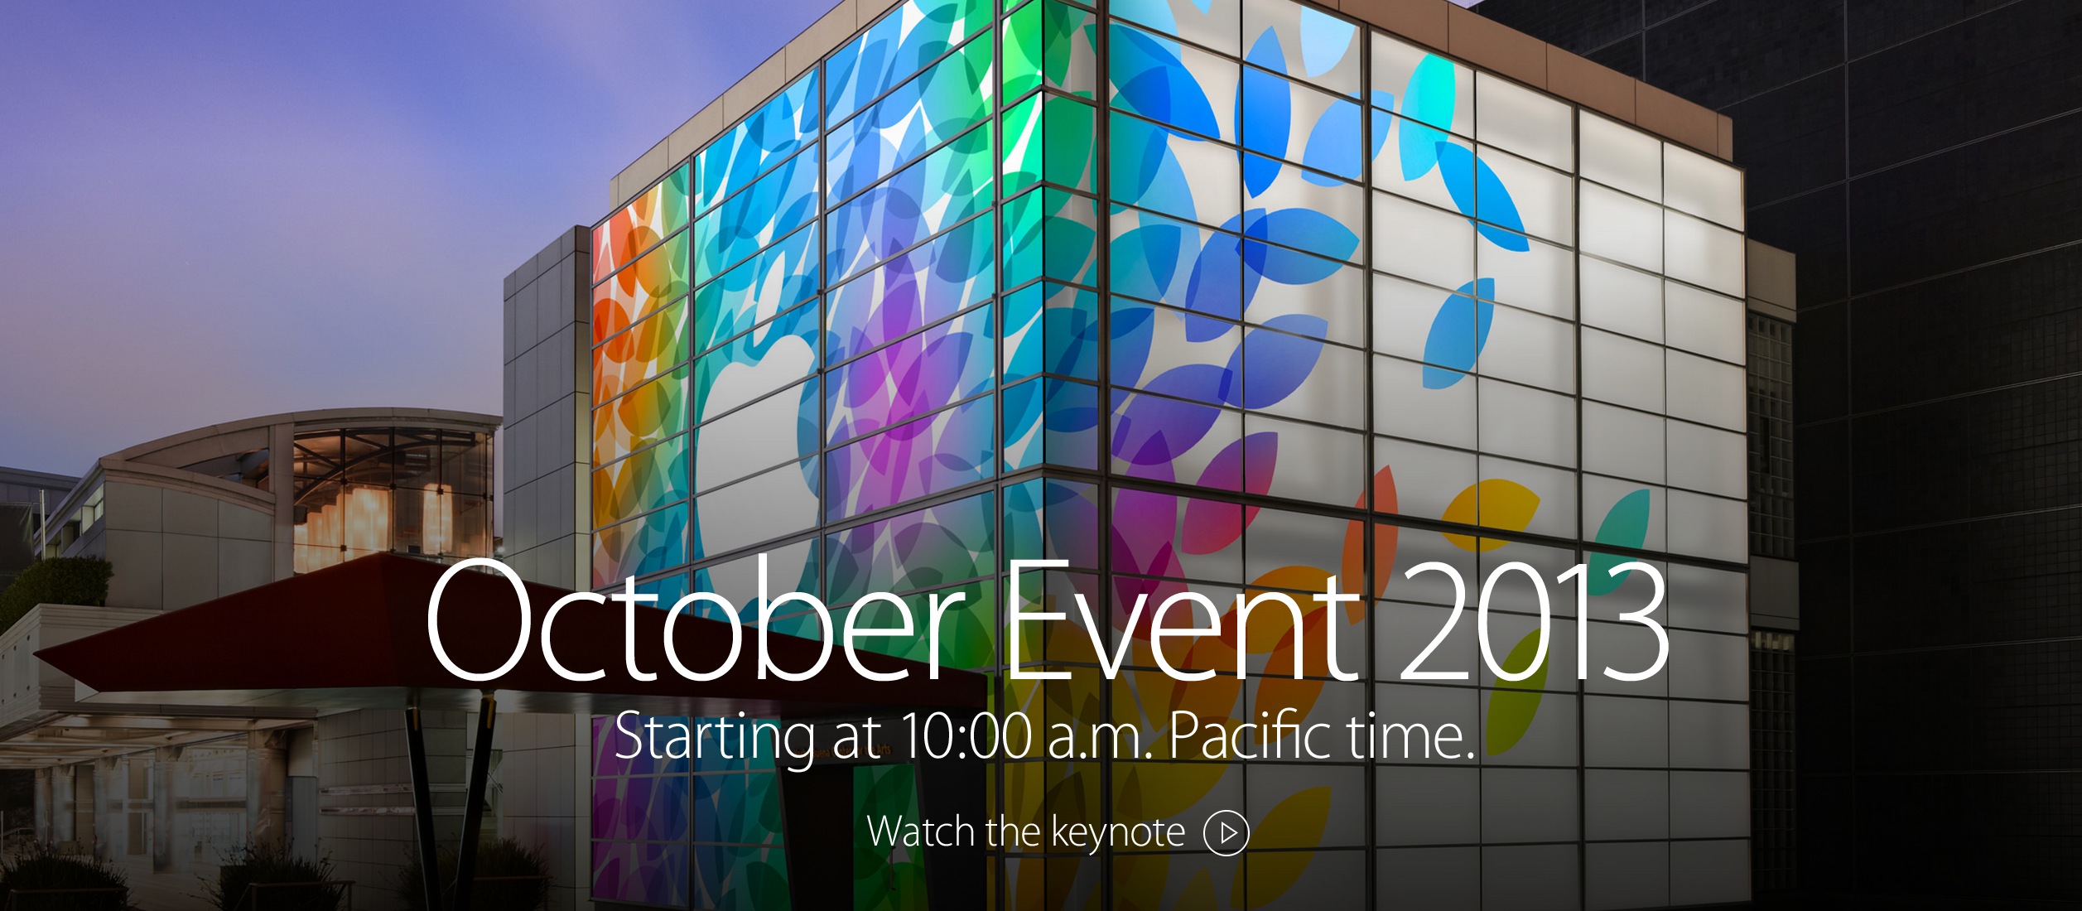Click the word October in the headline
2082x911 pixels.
694,620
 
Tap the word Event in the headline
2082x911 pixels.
1182,622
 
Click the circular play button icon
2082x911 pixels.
1226,832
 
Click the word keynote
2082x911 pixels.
1118,833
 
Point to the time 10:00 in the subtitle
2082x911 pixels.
966,736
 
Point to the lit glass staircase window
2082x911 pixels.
389,497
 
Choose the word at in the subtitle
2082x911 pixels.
857,738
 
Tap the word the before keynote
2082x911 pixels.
1011,831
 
